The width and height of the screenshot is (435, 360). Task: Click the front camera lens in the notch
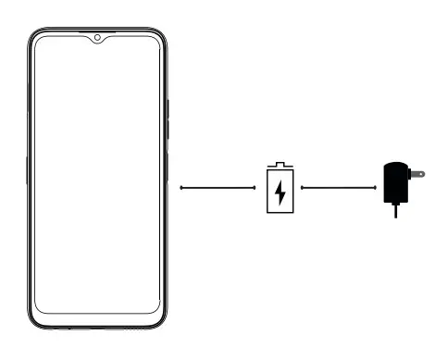pyautogui.click(x=97, y=39)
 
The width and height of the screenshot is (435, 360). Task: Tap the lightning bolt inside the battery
pyautogui.click(x=279, y=192)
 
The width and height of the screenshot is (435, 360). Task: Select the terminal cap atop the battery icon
pyautogui.click(x=279, y=166)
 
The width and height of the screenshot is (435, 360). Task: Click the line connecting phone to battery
pyautogui.click(x=217, y=188)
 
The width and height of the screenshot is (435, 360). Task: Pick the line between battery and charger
pyautogui.click(x=339, y=188)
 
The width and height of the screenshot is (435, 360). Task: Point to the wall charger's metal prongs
pyautogui.click(x=417, y=173)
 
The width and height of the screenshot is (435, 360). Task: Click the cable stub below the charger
pyautogui.click(x=396, y=211)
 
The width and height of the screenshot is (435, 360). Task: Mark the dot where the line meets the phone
pyautogui.click(x=180, y=188)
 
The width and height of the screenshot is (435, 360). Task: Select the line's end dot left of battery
pyautogui.click(x=255, y=188)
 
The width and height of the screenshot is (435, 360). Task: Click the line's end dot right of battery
pyautogui.click(x=303, y=188)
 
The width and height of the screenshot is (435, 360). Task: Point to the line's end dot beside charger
pyautogui.click(x=375, y=188)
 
